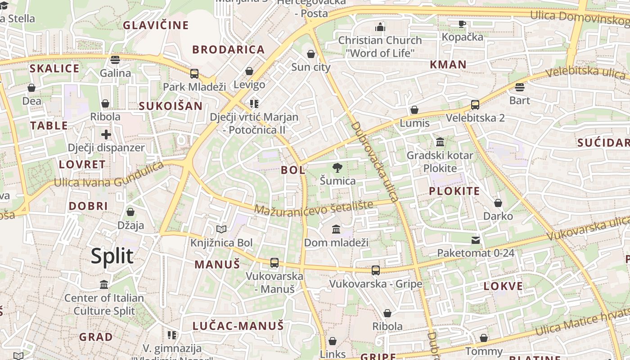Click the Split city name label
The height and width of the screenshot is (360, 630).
pyautogui.click(x=112, y=256)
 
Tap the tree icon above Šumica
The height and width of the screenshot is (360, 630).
pyautogui.click(x=337, y=168)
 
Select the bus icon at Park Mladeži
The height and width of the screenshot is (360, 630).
pyautogui.click(x=194, y=74)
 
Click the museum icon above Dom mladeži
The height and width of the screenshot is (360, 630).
pyautogui.click(x=336, y=229)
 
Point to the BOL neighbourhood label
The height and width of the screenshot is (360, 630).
pyautogui.click(x=293, y=170)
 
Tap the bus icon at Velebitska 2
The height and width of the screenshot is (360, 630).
pyautogui.click(x=475, y=105)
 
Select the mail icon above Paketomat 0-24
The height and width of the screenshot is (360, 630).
pyautogui.click(x=476, y=240)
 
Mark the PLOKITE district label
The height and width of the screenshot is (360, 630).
pyautogui.click(x=454, y=191)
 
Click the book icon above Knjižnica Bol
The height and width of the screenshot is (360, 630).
pyautogui.click(x=221, y=229)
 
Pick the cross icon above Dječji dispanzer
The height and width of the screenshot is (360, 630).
pyautogui.click(x=106, y=134)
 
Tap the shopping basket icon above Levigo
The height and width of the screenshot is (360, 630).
pyautogui.click(x=249, y=71)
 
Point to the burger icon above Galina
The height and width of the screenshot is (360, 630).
pyautogui.click(x=115, y=60)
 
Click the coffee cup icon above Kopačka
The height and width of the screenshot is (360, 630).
pyautogui.click(x=462, y=24)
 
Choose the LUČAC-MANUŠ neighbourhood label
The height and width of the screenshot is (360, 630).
pyautogui.click(x=238, y=326)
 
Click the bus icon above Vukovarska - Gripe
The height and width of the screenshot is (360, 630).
pyautogui.click(x=376, y=270)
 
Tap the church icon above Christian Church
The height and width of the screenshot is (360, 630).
pyautogui.click(x=380, y=27)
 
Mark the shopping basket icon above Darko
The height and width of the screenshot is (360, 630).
pyautogui.click(x=498, y=203)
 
